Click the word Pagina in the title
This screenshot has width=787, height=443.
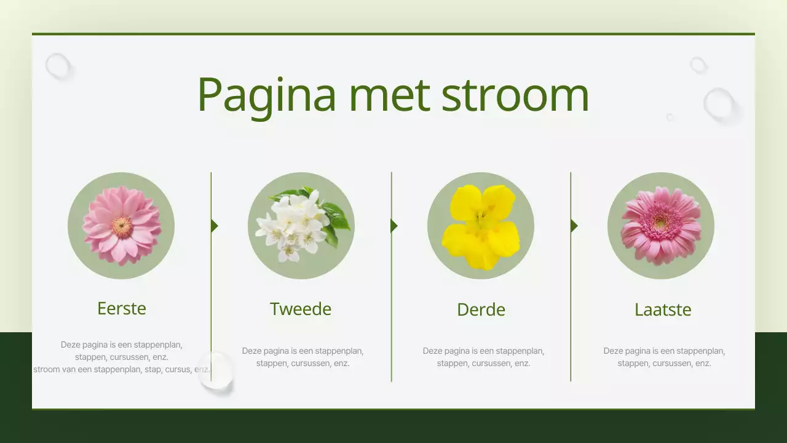point(266,94)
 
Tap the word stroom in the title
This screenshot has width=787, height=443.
point(515,94)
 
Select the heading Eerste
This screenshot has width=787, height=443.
point(122,308)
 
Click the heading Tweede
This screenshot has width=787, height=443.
point(301,309)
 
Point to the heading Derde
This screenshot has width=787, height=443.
point(481,309)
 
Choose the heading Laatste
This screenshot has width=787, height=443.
point(663,309)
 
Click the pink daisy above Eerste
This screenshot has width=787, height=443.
point(121,225)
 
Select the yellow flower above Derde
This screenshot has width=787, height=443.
point(480,226)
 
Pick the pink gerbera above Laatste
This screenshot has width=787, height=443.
point(660,225)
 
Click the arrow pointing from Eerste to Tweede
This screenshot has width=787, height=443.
point(214,226)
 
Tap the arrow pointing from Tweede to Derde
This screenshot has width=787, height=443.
point(394,226)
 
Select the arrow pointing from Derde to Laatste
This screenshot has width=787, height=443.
point(574,226)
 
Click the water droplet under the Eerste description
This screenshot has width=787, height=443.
point(216,370)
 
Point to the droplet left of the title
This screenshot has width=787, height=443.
point(58,66)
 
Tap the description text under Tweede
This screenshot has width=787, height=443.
point(303,357)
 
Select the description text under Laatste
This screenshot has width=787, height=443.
point(664,357)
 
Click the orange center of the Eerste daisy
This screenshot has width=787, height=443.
point(122,227)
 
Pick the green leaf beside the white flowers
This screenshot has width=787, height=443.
point(336,217)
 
